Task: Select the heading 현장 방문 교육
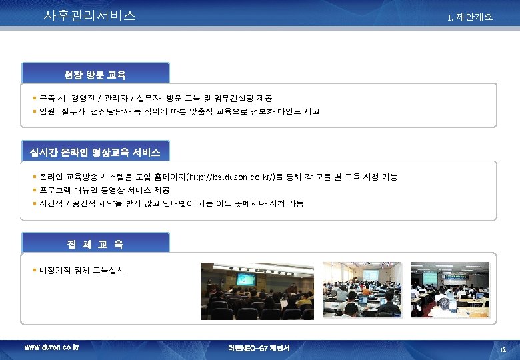point(95,73)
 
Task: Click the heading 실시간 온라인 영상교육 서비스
point(95,152)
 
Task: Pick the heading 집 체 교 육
point(95,244)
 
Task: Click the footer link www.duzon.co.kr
point(51,347)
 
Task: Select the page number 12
point(503,349)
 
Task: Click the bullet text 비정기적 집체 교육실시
point(82,270)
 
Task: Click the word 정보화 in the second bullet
point(257,111)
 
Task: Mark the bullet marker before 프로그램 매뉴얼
point(35,190)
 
